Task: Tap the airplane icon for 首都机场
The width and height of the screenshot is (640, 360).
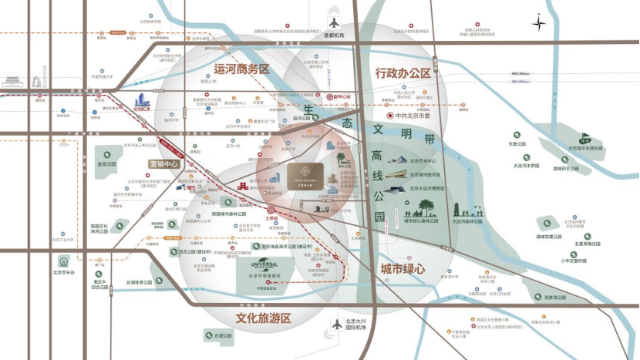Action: click(333, 22)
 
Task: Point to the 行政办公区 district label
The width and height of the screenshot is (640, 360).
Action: click(403, 72)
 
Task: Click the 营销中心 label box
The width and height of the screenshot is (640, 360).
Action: click(163, 164)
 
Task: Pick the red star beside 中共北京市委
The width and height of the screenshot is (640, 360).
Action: click(389, 114)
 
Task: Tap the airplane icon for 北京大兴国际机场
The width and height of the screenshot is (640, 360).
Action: click(336, 323)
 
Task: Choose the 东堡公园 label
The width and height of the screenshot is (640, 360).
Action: click(516, 144)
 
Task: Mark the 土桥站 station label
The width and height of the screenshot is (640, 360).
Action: click(271, 218)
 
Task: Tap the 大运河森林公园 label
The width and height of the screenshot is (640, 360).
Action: click(467, 221)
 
